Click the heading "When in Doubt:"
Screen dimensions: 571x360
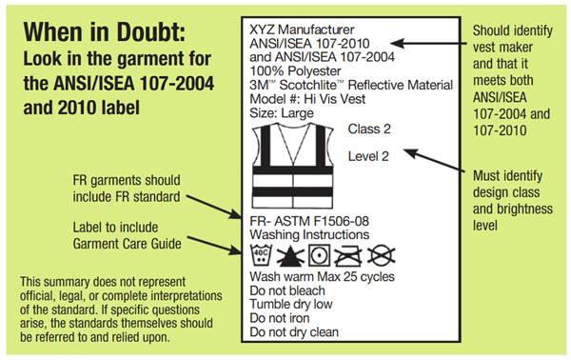105,32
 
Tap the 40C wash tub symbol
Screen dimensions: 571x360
262,255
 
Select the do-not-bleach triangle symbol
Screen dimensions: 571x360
290,256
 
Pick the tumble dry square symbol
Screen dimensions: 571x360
320,255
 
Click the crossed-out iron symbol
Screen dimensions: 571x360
348,256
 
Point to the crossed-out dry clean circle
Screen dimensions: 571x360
381,255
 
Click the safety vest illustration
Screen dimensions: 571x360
292,166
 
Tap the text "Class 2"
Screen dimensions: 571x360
369,129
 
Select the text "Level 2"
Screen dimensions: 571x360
368,156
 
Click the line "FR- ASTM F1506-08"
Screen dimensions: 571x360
309,221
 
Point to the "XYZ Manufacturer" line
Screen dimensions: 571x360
302,30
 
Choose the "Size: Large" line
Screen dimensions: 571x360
282,113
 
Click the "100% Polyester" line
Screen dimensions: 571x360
295,71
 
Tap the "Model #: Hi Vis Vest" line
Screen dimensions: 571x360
307,99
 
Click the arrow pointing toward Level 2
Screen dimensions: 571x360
434,160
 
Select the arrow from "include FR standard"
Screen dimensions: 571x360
214,207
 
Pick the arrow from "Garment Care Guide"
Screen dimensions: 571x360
214,246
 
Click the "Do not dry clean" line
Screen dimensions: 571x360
294,332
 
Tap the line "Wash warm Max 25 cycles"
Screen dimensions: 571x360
322,276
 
